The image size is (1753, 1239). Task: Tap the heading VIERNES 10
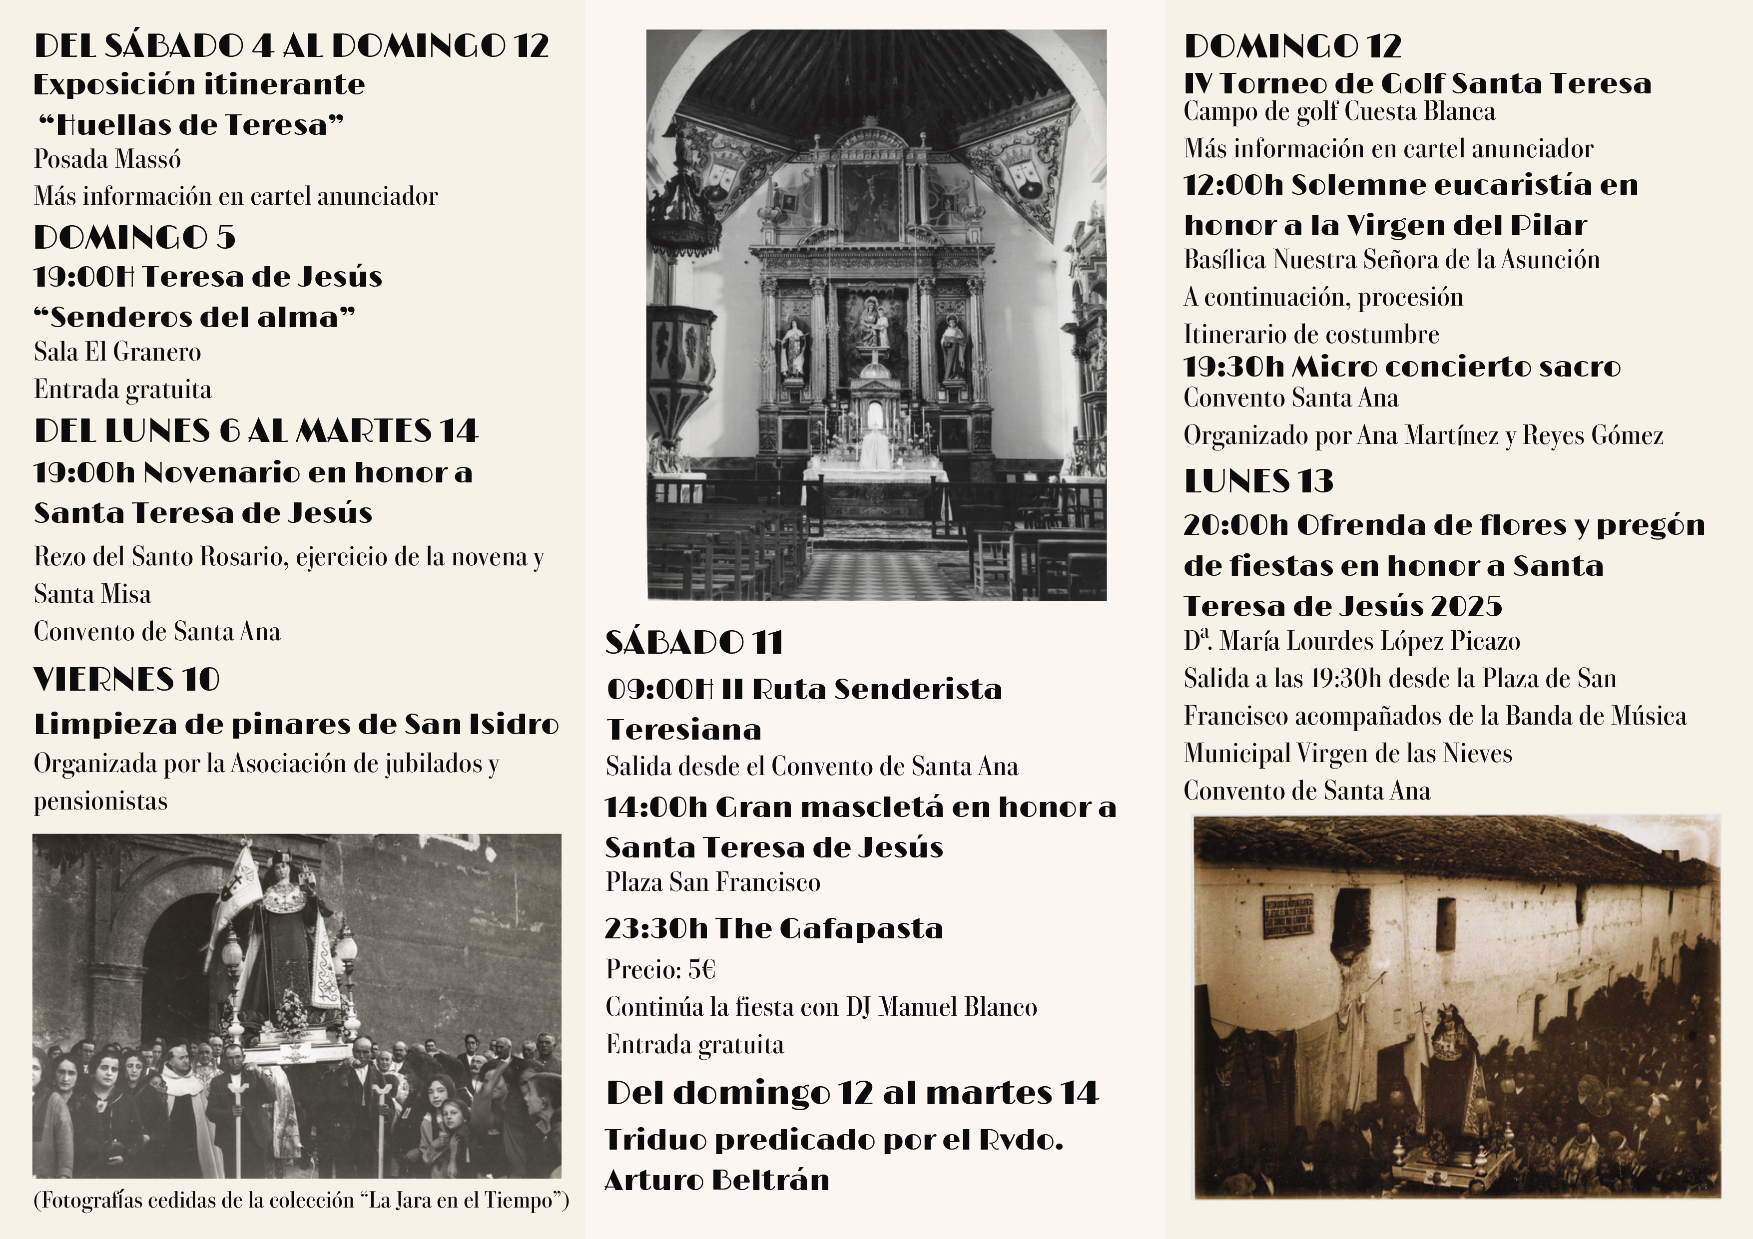click(127, 679)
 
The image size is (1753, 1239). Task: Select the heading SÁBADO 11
click(694, 642)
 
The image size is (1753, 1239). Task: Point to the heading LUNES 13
click(1258, 481)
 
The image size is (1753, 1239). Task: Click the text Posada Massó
click(107, 159)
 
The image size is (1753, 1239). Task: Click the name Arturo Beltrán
click(716, 1180)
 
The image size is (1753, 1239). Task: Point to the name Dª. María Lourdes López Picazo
click(1351, 641)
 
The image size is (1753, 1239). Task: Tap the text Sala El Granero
click(117, 352)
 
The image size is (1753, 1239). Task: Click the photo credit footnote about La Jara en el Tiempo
click(301, 1200)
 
